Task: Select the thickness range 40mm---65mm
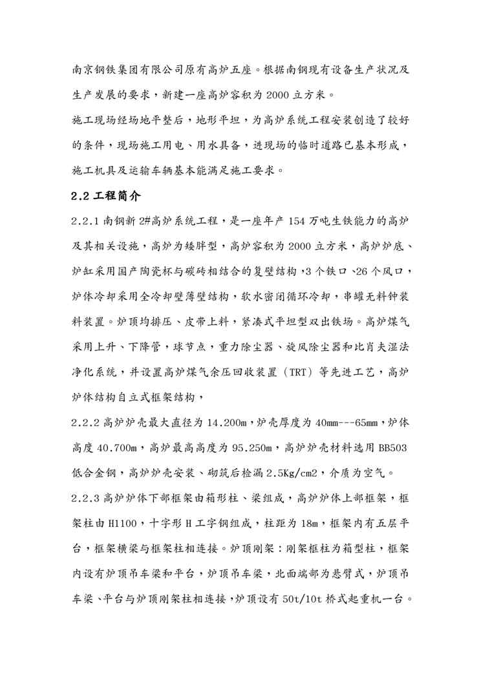pyautogui.click(x=348, y=424)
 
